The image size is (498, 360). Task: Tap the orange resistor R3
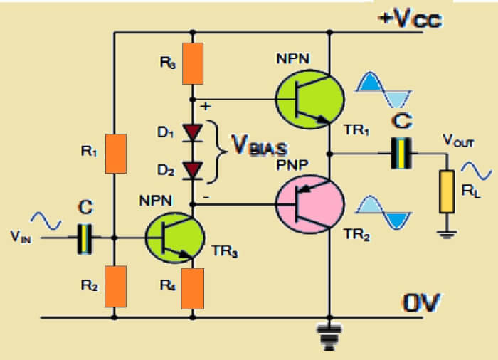[x=193, y=63]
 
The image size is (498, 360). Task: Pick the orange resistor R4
[x=193, y=288]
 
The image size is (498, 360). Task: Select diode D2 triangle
[x=193, y=169]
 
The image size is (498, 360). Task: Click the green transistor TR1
[x=308, y=100]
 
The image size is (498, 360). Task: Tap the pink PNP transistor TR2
[x=308, y=206]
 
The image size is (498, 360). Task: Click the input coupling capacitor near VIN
[x=85, y=239]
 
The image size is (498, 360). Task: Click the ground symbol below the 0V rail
[x=328, y=334]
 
